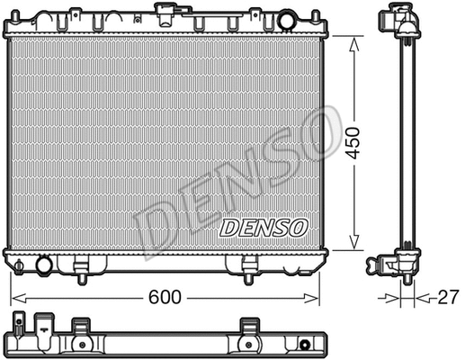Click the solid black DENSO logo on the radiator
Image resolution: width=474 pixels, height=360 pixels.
[x=264, y=228]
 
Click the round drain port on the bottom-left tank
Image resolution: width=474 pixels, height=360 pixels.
[x=42, y=264]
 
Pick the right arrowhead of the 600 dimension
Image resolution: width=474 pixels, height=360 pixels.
[x=322, y=296]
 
